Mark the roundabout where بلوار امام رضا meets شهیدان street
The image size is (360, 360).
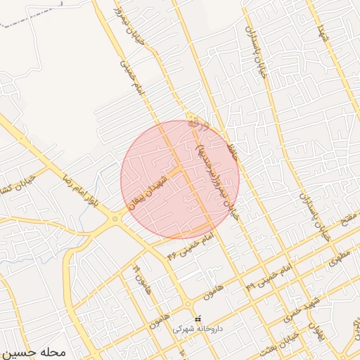pos(115,219)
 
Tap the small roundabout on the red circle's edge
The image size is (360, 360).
pos(191,117)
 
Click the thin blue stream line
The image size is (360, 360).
pos(105,176)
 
